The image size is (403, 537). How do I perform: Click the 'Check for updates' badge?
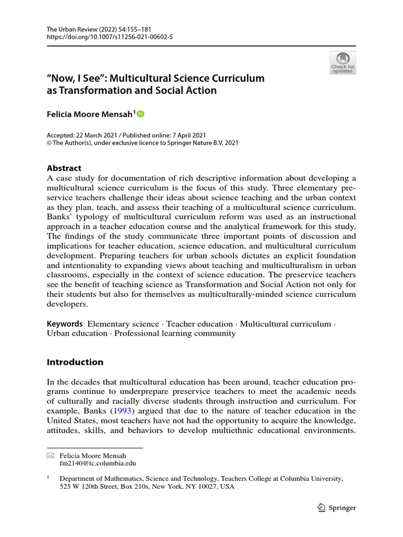coord(343,62)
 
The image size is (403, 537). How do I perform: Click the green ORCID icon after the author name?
coord(140,114)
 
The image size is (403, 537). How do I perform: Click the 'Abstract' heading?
coord(64,168)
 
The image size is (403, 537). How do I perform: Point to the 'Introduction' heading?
coord(75,362)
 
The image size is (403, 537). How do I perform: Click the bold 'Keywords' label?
coord(65,324)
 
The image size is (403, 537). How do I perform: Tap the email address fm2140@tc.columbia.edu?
coord(98,464)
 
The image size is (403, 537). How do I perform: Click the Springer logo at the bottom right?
coord(337,507)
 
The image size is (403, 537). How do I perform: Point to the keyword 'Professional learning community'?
coord(175,334)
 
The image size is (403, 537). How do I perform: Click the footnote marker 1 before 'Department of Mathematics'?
coord(48,477)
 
